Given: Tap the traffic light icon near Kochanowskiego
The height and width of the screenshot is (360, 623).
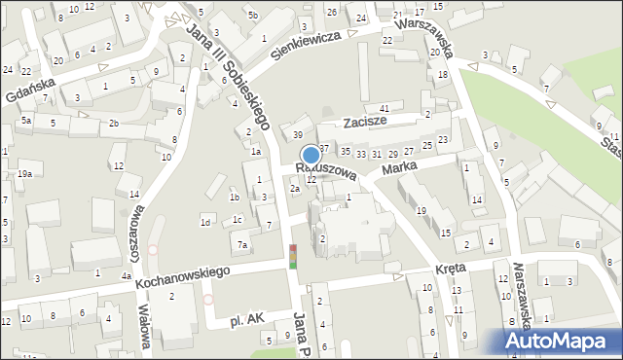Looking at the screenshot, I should pyautogui.click(x=292, y=257).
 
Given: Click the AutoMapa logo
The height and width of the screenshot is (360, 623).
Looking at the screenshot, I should pyautogui.click(x=560, y=342).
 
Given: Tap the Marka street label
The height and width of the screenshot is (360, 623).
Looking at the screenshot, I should pyautogui.click(x=400, y=169).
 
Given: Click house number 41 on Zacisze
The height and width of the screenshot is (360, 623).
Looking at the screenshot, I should pyautogui.click(x=385, y=108).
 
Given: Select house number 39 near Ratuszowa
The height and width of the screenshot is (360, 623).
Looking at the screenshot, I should pyautogui.click(x=298, y=134).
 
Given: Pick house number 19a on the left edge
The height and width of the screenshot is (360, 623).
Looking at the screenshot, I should pyautogui.click(x=23, y=173).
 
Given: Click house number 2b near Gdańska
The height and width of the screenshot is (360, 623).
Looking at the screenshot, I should pyautogui.click(x=114, y=123).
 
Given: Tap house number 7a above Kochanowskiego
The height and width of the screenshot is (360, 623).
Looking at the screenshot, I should pyautogui.click(x=242, y=244).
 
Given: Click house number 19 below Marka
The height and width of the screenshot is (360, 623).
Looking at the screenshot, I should pyautogui.click(x=421, y=210).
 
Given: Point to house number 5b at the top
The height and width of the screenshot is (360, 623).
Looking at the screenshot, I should pyautogui.click(x=252, y=15).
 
